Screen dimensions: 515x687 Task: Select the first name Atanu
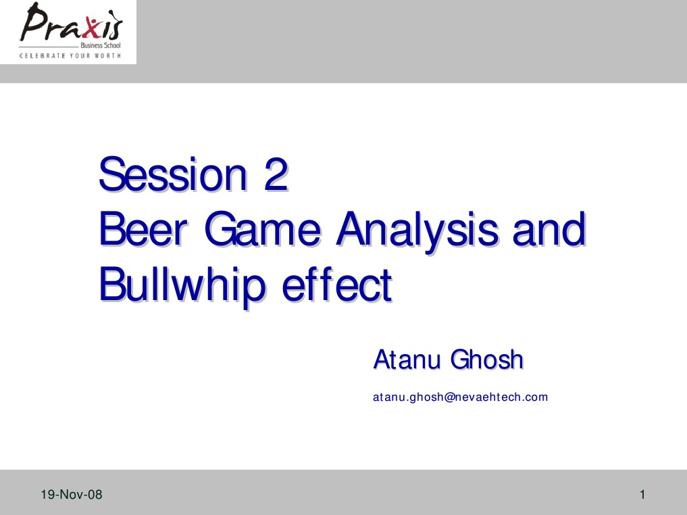[407, 360]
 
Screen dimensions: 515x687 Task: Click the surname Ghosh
[487, 360]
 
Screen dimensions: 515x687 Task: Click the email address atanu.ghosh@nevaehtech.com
[460, 397]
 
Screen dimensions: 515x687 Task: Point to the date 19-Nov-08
[71, 495]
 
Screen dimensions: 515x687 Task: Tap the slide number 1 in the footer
[643, 495]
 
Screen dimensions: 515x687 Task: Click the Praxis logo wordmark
[71, 26]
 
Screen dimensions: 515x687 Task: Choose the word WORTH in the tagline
[109, 55]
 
